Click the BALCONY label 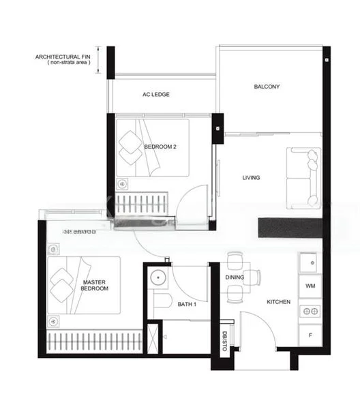(267, 87)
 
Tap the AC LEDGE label (156, 94)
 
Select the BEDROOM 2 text (160, 147)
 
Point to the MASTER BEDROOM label (95, 285)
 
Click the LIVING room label (252, 178)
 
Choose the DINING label (235, 277)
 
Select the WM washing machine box (310, 286)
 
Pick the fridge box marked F (310, 335)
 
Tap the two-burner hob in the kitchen (310, 311)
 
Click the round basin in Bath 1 (159, 277)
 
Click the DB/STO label (224, 338)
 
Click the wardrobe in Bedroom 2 (142, 204)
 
